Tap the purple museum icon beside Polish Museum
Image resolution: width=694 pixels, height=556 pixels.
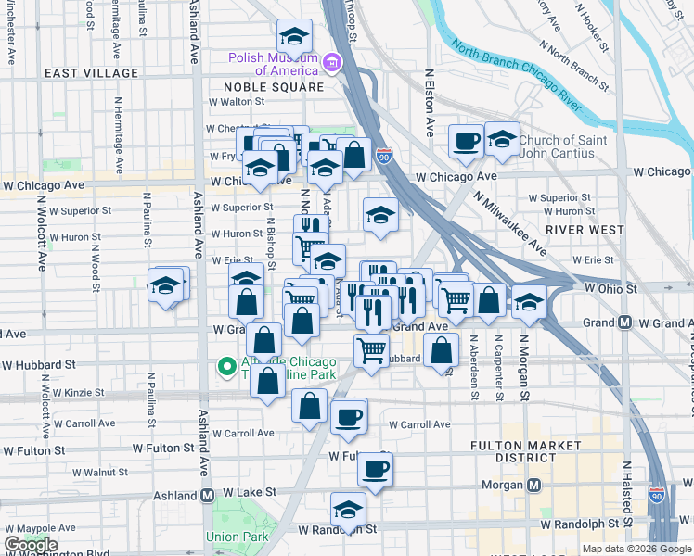click(x=330, y=63)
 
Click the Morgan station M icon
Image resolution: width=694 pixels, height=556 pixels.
click(x=534, y=485)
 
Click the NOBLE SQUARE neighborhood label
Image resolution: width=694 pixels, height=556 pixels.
click(x=273, y=87)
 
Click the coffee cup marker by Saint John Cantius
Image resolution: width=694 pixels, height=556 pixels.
click(x=466, y=142)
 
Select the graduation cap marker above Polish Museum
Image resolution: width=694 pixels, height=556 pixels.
click(x=294, y=37)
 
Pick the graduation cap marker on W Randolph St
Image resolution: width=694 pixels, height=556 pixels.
click(x=348, y=510)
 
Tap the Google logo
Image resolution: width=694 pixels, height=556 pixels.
click(x=31, y=545)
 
